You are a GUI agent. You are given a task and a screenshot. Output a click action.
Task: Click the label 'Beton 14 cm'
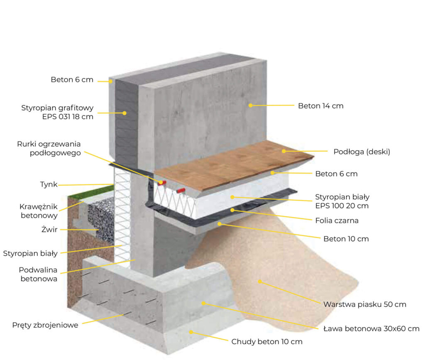[x=320, y=106]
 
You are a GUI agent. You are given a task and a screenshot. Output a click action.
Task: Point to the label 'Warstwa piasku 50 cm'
[x=364, y=304]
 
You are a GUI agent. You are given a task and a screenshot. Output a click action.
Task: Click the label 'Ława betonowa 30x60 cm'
[x=371, y=329]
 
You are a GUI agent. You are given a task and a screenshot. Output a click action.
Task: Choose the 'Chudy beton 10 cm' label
[x=267, y=342]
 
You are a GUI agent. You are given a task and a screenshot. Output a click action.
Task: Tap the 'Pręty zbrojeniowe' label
[x=45, y=325]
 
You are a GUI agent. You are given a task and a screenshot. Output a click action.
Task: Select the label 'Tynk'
[x=49, y=184]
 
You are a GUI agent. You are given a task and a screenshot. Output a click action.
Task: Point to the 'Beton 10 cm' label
[x=346, y=239]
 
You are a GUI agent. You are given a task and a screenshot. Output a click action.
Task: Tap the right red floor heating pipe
[x=181, y=191]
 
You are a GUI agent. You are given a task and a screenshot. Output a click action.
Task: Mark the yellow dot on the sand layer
[x=260, y=282]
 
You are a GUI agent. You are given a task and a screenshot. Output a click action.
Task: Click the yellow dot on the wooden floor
[x=284, y=151]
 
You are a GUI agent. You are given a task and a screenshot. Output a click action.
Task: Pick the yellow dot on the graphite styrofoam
[x=125, y=113]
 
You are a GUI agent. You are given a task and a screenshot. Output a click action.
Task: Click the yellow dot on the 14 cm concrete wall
[x=250, y=105]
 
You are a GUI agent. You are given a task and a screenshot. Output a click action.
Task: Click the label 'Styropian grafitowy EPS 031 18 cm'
[x=57, y=113]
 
